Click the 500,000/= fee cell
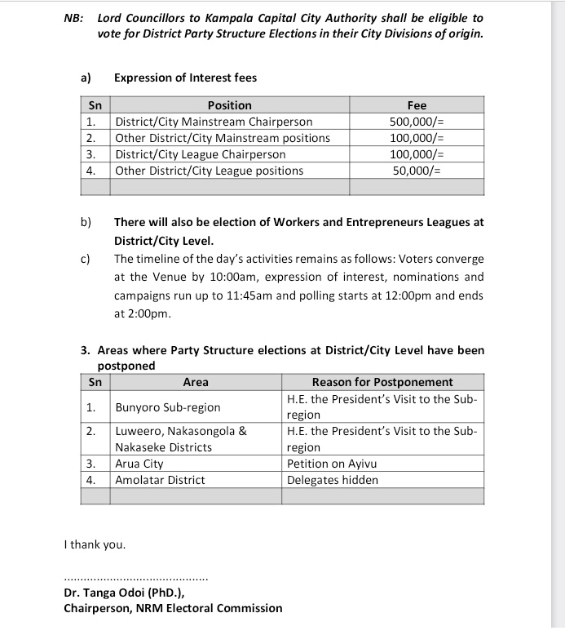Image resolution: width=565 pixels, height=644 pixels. tap(417, 122)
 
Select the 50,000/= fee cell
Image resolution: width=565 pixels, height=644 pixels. tap(417, 171)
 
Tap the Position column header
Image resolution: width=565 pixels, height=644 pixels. tap(230, 105)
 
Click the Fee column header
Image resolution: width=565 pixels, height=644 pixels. tap(417, 105)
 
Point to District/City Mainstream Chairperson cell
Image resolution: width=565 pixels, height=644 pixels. tap(214, 122)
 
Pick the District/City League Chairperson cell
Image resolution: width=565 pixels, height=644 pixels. tap(201, 154)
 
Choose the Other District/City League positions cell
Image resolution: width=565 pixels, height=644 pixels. tap(210, 171)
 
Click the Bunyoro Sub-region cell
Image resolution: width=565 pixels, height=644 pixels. tap(168, 406)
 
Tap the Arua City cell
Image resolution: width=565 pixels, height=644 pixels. tap(139, 464)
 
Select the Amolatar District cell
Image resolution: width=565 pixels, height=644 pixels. tap(161, 480)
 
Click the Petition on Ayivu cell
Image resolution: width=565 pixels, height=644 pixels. tap(332, 464)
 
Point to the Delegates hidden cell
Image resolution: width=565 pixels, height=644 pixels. tap(333, 480)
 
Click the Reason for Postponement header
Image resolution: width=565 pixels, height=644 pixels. tap(382, 382)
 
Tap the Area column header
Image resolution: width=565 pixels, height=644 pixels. tap(196, 382)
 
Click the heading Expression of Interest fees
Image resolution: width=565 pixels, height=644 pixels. tap(185, 78)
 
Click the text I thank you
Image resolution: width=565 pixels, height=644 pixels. tap(95, 544)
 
